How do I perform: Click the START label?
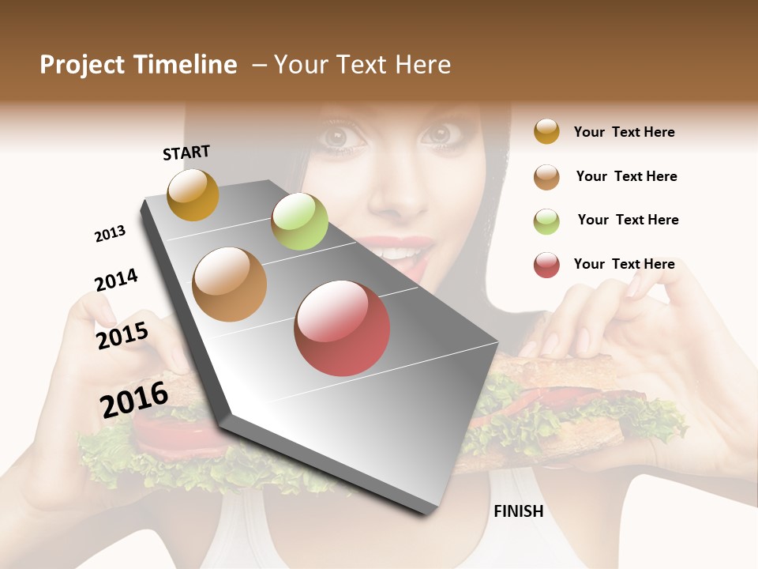point(186,153)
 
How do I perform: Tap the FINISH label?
point(518,511)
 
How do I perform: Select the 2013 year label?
point(110,234)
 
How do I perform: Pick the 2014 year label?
point(116,280)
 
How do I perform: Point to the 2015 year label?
point(122,335)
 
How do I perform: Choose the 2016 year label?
point(134,399)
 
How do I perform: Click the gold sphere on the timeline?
point(193,194)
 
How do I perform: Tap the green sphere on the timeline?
point(299,221)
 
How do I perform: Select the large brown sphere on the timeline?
point(229,284)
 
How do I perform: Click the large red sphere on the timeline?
point(342,328)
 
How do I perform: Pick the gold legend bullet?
point(546,131)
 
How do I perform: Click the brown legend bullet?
point(546,176)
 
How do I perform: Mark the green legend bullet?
point(546,220)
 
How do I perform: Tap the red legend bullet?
point(546,265)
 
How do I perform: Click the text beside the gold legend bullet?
point(624,132)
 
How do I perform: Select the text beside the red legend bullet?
point(624,264)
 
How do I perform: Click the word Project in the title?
point(83,65)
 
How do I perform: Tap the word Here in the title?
point(422,65)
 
